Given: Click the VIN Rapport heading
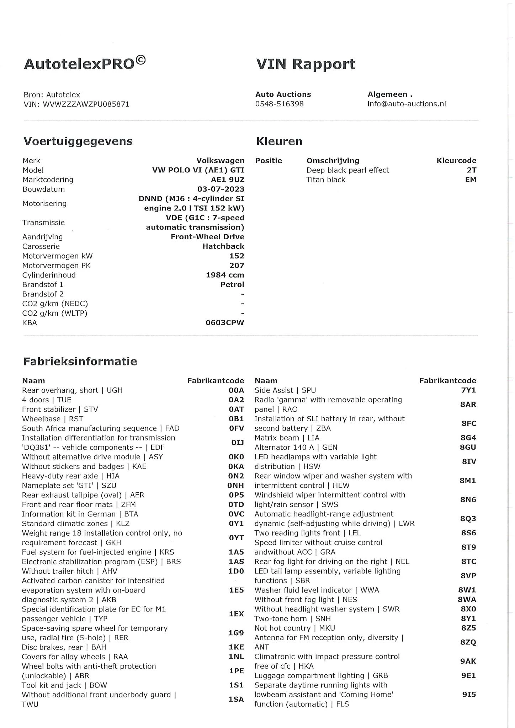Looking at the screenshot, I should pyautogui.click(x=306, y=64).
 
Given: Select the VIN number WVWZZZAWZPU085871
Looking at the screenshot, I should pyautogui.click(x=86, y=104).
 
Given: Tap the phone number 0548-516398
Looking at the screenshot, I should pyautogui.click(x=279, y=104).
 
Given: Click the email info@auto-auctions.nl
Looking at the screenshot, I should pyautogui.click(x=407, y=104).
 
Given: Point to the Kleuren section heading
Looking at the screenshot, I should pyautogui.click(x=279, y=141).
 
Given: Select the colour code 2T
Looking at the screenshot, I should pyautogui.click(x=472, y=170).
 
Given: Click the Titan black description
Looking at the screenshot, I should pyautogui.click(x=325, y=180).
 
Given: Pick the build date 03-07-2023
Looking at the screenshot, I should pyautogui.click(x=221, y=189).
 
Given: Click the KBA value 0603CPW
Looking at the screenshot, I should pyautogui.click(x=225, y=323).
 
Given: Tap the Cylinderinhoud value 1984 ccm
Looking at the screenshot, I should pyautogui.click(x=225, y=275).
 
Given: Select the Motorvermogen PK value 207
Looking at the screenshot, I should pyautogui.click(x=237, y=266).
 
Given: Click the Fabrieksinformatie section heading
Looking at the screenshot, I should pyautogui.click(x=80, y=362).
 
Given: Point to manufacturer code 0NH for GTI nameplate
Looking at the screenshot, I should pyautogui.click(x=236, y=486).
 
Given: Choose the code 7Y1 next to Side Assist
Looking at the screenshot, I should pyautogui.click(x=468, y=390).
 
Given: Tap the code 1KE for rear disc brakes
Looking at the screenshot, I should pyautogui.click(x=236, y=647).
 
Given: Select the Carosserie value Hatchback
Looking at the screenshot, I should pyautogui.click(x=223, y=246).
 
